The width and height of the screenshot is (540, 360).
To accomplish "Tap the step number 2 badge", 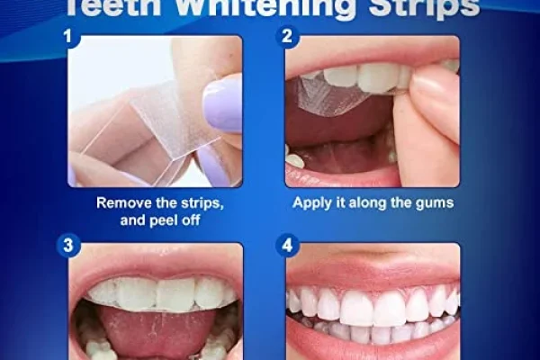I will [x=287, y=37].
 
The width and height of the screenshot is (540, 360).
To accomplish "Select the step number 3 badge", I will [x=68, y=246].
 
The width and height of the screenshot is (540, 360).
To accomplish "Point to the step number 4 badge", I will [x=287, y=246].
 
